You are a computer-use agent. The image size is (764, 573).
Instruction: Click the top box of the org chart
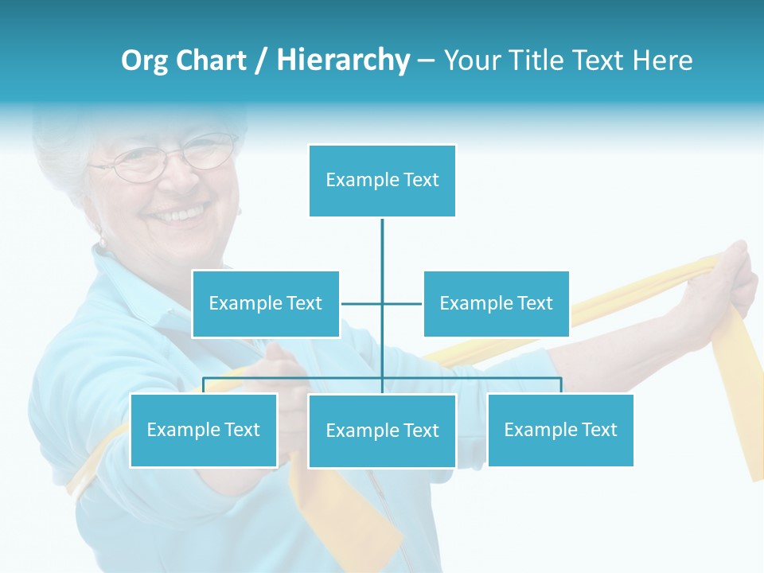click(382, 181)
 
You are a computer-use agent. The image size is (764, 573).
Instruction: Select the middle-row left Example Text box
click(266, 303)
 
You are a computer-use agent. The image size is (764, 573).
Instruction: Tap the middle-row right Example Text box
click(496, 303)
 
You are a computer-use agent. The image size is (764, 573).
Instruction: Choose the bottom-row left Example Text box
click(204, 430)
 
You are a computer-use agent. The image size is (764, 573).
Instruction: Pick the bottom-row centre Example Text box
click(382, 431)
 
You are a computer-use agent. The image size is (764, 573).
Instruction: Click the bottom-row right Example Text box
click(560, 430)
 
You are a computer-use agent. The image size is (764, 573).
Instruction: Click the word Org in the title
click(145, 60)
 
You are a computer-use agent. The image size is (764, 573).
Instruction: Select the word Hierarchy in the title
click(343, 60)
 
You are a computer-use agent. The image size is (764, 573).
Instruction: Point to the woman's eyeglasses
click(163, 158)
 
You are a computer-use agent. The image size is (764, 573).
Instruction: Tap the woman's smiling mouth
click(180, 213)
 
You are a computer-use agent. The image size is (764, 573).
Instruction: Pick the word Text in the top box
click(420, 180)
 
